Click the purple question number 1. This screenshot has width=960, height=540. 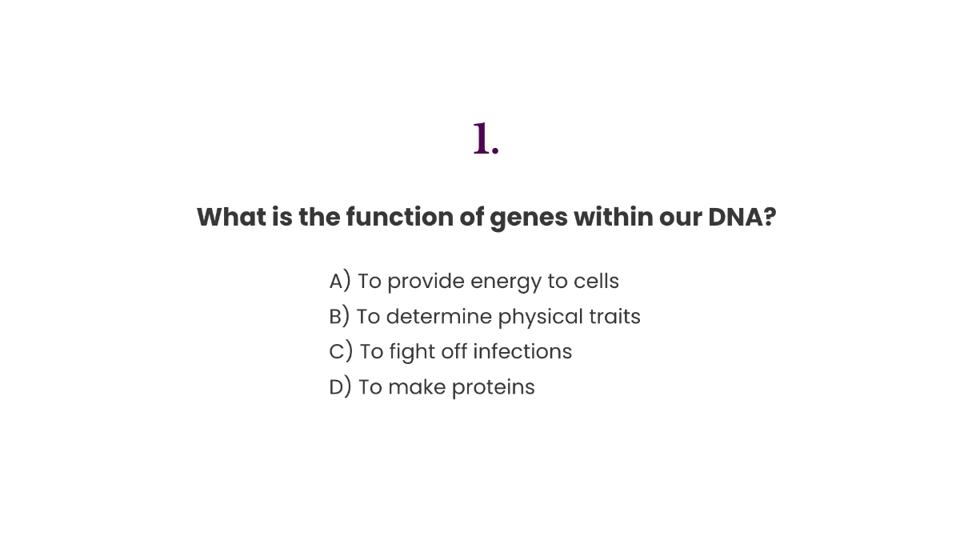tap(485, 139)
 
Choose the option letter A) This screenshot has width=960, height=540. tap(340, 282)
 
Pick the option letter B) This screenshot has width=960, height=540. tap(339, 317)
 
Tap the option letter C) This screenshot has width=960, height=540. tap(341, 352)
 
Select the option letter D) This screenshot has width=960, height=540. tap(340, 387)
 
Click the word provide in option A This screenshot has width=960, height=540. tap(426, 282)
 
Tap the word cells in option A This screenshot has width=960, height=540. tap(596, 282)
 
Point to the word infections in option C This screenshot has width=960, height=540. tap(522, 352)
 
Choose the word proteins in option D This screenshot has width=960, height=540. tap(493, 388)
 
